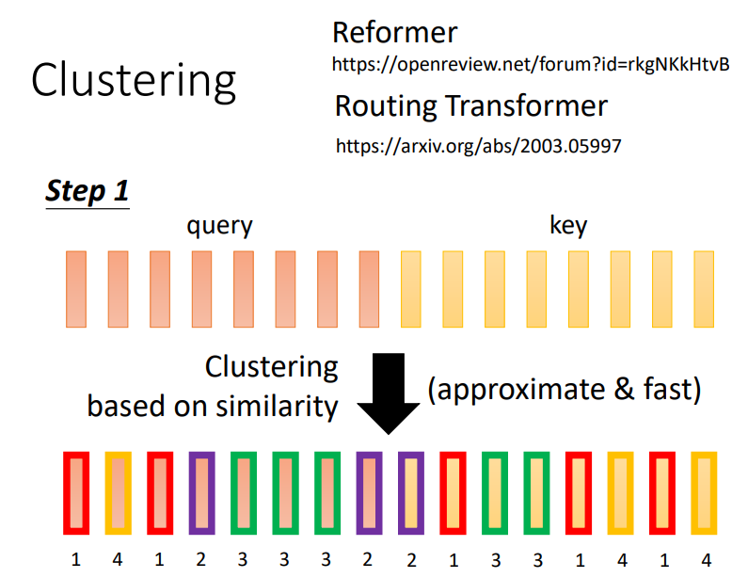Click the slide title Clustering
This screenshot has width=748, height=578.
(x=133, y=81)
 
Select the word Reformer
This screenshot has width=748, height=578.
(x=394, y=33)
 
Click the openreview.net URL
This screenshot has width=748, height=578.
(x=531, y=65)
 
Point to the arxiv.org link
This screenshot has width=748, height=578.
(x=479, y=146)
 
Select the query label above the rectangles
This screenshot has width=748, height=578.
(x=219, y=226)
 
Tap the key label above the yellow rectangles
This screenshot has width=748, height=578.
(x=567, y=226)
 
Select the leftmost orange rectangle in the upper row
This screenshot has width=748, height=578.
(x=76, y=288)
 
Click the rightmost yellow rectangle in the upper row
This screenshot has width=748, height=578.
(x=704, y=288)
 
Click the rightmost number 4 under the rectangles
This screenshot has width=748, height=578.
(x=704, y=560)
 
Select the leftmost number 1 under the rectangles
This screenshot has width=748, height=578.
(x=76, y=560)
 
